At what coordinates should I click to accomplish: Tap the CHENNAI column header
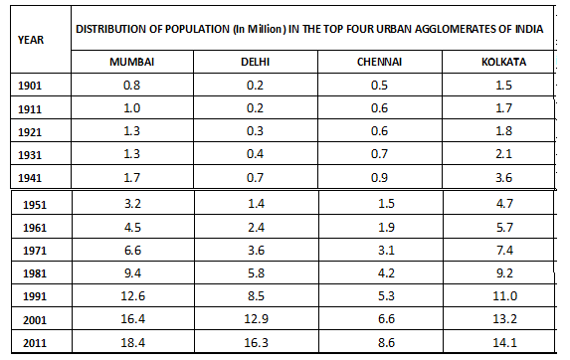pos(378,62)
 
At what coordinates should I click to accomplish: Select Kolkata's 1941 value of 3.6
pos(503,177)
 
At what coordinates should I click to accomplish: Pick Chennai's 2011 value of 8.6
pos(378,341)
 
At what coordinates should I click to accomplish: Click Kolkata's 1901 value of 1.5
pos(503,86)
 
